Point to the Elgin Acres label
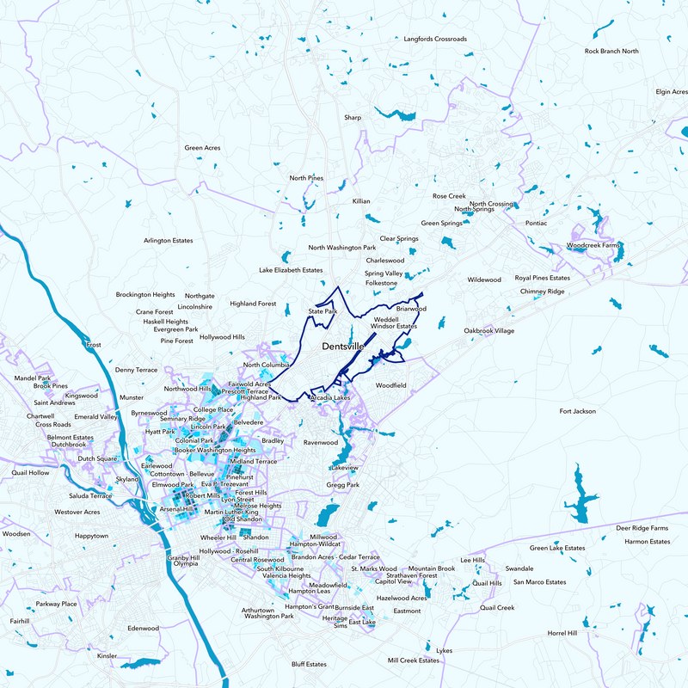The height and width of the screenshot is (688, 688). coord(671,91)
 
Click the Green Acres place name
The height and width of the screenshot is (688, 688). coord(202,148)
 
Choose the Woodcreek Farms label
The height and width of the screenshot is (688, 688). coord(593,245)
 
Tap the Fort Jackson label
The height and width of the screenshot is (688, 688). coord(577,411)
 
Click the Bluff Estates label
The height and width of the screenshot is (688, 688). coord(309,664)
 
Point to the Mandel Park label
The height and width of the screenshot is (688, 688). coord(33,378)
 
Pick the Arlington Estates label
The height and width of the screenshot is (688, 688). coord(169,241)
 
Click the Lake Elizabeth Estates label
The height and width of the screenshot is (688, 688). coord(291,270)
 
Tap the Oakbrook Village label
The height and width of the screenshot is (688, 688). coord(489,330)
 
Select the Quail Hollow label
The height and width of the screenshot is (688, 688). coord(31,472)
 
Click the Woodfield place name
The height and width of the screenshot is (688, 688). coord(391,385)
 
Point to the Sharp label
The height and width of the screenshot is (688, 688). coord(353,117)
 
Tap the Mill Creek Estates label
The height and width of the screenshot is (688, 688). coord(414,660)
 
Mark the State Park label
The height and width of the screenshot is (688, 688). coord(322,310)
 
